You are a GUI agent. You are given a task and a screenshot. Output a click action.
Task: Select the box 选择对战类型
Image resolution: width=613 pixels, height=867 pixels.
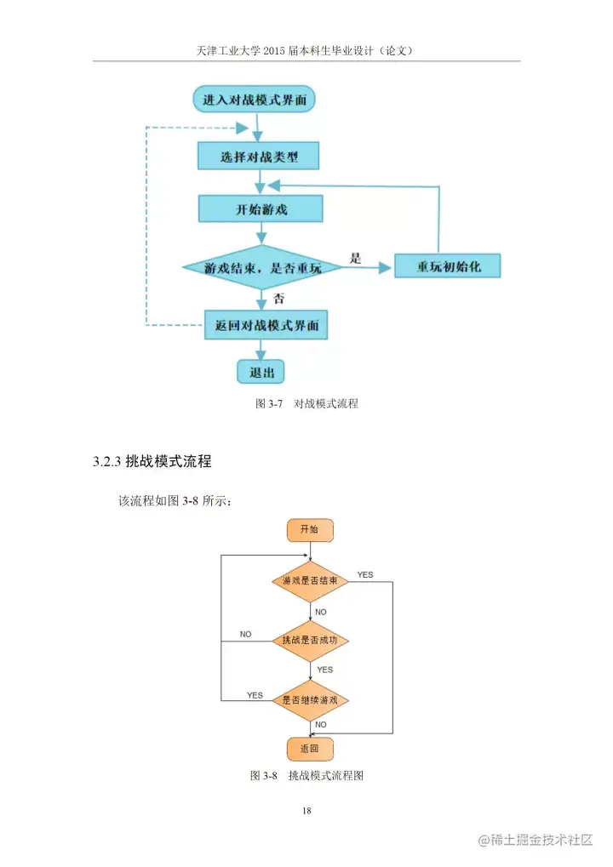[x=259, y=157]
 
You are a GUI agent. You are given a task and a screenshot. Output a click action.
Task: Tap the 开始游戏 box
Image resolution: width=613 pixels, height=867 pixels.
[x=261, y=209]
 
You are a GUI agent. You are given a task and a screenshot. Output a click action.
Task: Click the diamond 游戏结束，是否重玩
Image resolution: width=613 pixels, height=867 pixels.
[x=262, y=267]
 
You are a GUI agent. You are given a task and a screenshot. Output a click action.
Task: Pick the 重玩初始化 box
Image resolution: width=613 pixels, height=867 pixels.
[x=447, y=265]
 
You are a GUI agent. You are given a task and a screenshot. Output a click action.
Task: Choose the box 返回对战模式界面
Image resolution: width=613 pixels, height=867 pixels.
[x=266, y=324]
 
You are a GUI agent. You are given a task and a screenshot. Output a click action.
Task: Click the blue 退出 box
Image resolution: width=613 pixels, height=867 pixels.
[x=261, y=372]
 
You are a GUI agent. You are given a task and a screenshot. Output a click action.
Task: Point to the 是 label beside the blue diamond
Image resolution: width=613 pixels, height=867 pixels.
[x=357, y=257]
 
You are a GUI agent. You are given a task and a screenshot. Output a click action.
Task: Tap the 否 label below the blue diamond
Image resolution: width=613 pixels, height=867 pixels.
[x=278, y=299]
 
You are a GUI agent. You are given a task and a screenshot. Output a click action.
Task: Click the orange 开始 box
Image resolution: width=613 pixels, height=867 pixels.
[x=309, y=530]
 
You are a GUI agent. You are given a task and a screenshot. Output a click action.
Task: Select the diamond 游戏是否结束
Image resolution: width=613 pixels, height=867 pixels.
[x=309, y=581]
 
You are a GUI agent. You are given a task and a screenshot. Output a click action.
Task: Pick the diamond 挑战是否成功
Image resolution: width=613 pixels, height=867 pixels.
[x=309, y=640]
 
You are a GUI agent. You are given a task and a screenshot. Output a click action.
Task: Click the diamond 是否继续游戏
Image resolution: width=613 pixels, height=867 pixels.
[x=309, y=700]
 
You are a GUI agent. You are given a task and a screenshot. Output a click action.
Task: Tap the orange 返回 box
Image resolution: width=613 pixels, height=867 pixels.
[x=309, y=749]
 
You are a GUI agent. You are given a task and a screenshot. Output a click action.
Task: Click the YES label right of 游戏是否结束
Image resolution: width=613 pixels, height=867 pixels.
[x=364, y=575]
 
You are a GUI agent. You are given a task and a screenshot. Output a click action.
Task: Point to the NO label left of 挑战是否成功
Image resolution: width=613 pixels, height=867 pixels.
[x=245, y=634]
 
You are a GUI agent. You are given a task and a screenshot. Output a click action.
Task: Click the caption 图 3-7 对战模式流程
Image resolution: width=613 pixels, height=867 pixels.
[x=306, y=403]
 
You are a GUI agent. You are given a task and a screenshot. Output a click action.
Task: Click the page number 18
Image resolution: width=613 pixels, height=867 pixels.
[x=306, y=811]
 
